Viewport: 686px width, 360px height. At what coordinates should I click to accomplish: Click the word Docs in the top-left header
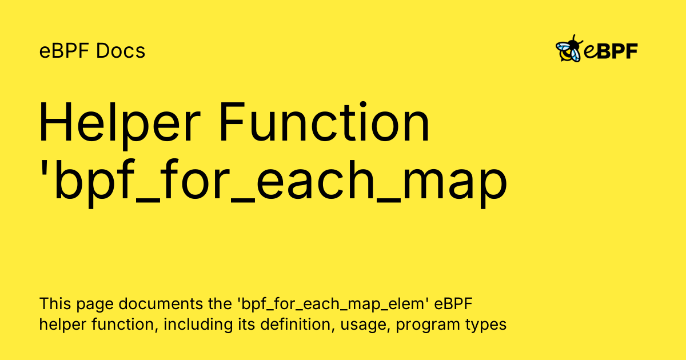click(121, 51)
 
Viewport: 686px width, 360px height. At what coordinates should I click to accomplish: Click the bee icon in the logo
click(569, 49)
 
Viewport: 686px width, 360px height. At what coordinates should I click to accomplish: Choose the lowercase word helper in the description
click(62, 325)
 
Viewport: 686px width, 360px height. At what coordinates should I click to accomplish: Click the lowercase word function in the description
click(125, 325)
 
